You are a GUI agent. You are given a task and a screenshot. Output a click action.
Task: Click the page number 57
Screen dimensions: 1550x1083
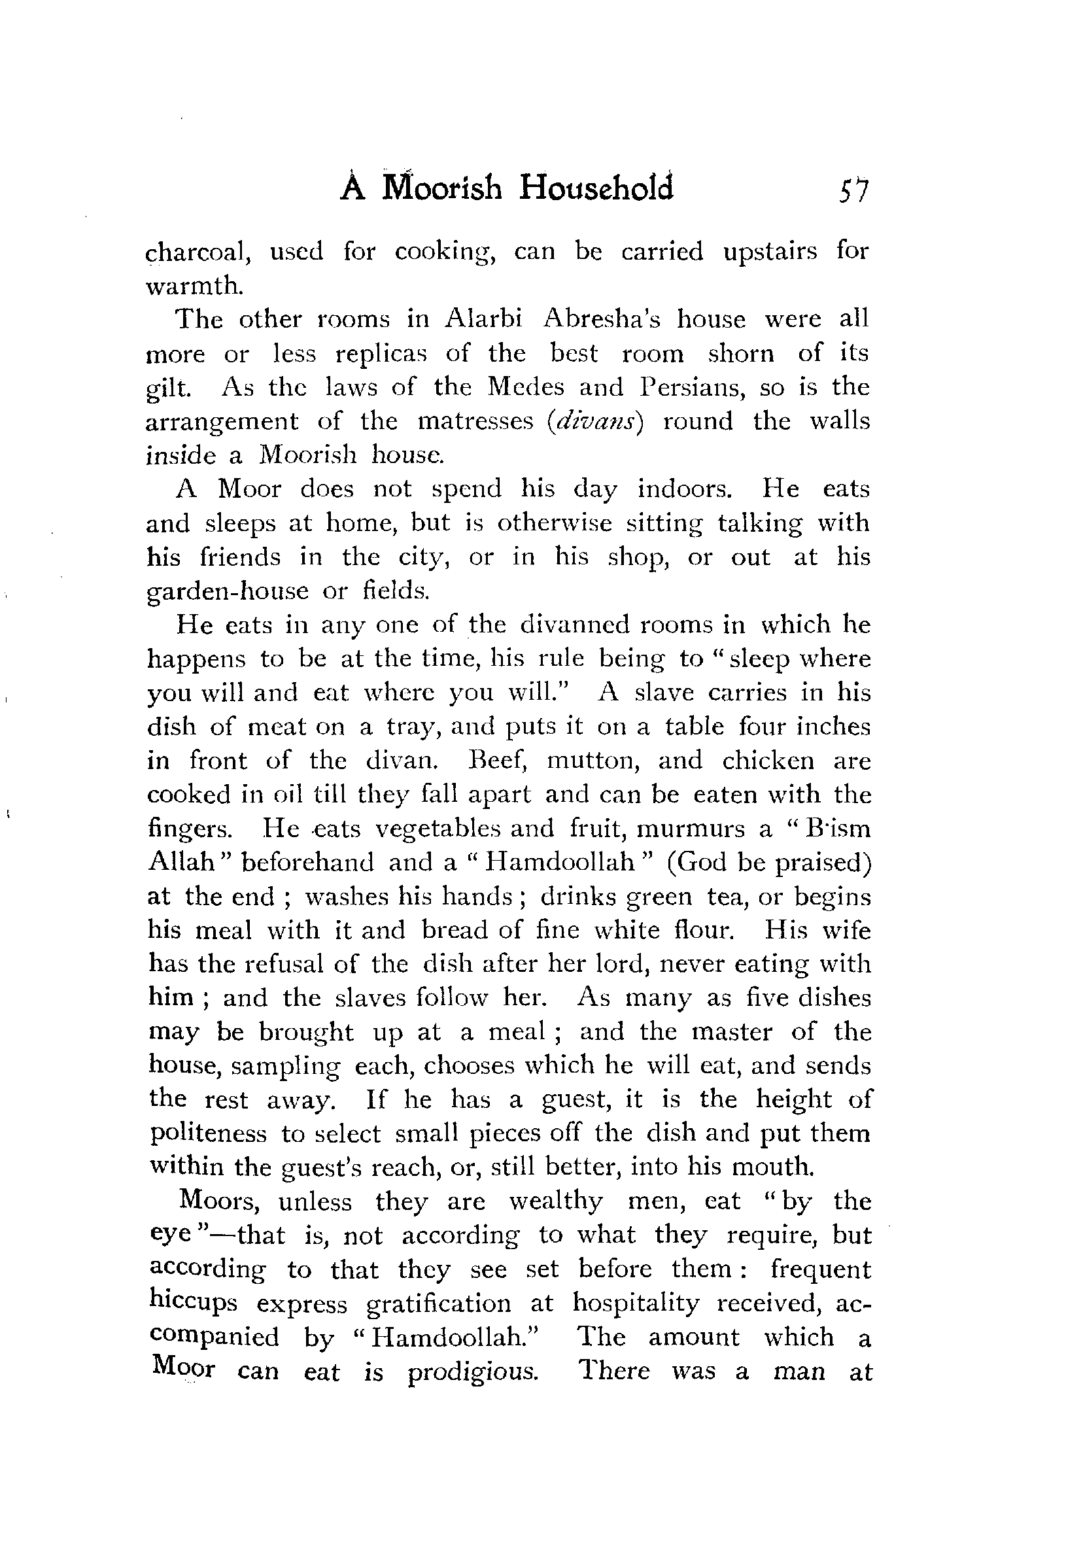(853, 190)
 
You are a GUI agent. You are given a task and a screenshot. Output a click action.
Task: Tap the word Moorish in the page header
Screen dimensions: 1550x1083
(441, 188)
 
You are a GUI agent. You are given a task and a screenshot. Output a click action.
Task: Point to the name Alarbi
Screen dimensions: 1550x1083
(483, 318)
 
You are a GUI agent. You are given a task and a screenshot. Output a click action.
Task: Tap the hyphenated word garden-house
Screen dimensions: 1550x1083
(228, 591)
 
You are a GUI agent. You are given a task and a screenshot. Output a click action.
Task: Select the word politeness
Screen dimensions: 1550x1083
(208, 1133)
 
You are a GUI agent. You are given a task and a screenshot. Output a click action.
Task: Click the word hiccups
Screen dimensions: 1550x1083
(193, 1303)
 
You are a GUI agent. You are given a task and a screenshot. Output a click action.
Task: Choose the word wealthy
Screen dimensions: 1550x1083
(555, 1201)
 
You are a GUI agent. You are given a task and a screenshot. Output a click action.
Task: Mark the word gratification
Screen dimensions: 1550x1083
(438, 1303)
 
